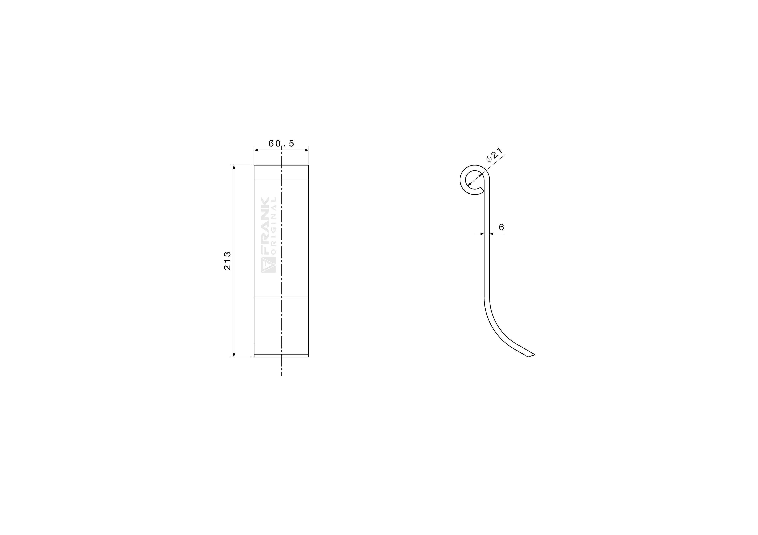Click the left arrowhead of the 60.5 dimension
(x=256, y=150)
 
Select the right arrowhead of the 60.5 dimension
(x=307, y=150)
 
